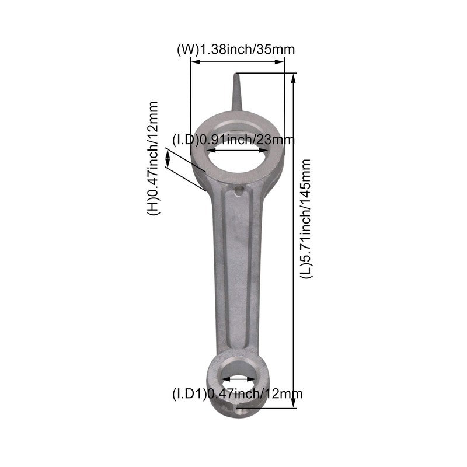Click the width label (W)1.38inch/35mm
tap(235, 50)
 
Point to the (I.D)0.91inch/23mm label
tap(233, 140)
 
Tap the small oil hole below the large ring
tap(238, 191)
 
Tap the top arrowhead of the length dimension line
tap(294, 76)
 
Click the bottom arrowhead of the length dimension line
tap(294, 403)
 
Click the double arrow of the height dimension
tap(168, 158)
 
